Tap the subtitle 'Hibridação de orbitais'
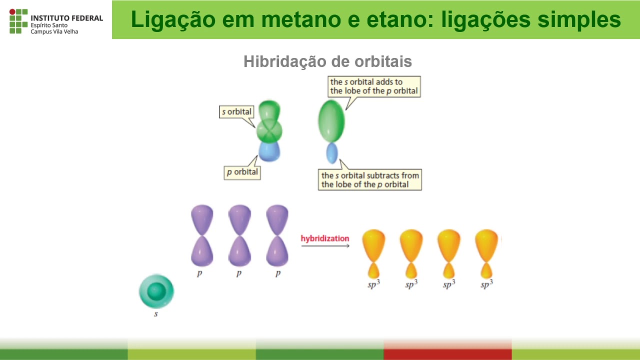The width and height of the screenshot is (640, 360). click(x=327, y=61)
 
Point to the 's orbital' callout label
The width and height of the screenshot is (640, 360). click(x=237, y=111)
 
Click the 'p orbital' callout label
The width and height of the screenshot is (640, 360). click(x=242, y=172)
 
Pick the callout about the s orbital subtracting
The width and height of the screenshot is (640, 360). click(x=370, y=180)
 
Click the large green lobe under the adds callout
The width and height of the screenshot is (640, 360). click(x=331, y=120)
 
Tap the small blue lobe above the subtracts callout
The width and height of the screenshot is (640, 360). click(x=332, y=152)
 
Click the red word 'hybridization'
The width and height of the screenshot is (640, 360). click(x=325, y=238)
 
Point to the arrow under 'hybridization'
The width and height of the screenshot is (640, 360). click(x=325, y=245)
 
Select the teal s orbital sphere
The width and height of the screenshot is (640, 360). click(x=156, y=291)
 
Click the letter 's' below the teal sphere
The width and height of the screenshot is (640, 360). click(x=156, y=314)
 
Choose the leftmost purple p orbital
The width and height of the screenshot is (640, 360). click(x=202, y=235)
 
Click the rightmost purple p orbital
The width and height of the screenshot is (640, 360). click(x=277, y=235)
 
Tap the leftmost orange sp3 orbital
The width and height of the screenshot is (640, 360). click(x=373, y=253)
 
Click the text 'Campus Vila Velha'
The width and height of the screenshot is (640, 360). click(x=54, y=31)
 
